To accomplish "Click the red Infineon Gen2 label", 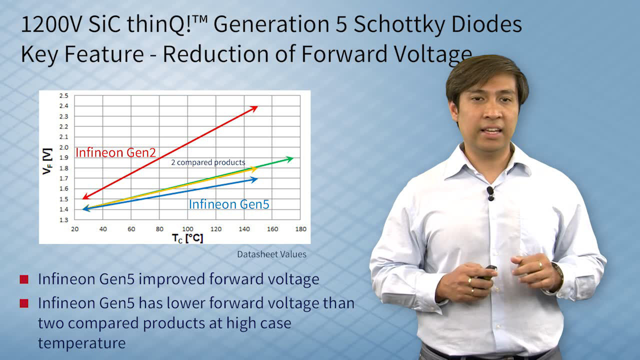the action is [x=115, y=152].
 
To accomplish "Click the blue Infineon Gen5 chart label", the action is [x=229, y=204].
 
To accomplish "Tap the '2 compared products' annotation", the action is [x=208, y=162].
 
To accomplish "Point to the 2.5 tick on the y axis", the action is [x=63, y=95].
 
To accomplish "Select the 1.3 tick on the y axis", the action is [x=63, y=219].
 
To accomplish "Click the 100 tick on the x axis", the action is [x=187, y=229].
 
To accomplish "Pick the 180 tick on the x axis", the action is [x=300, y=229].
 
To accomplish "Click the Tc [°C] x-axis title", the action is [x=187, y=238].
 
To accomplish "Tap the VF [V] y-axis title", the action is [x=47, y=161].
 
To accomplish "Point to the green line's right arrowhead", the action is [x=289, y=159].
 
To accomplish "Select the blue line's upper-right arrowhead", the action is [x=254, y=179].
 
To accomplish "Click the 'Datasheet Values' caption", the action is [x=271, y=254].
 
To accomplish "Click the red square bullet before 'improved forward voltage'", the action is [x=24, y=279].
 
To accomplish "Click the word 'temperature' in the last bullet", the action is [x=81, y=343].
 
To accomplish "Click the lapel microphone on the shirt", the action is [x=490, y=193].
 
